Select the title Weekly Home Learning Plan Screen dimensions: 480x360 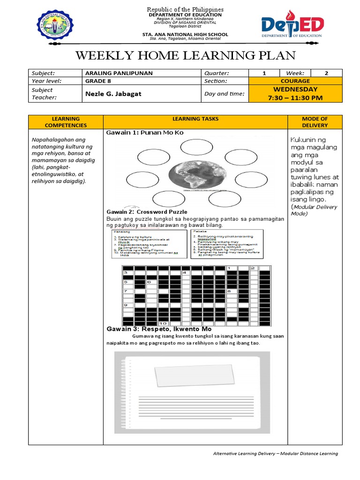[x=186, y=56]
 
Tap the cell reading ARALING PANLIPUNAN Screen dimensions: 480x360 [x=119, y=73]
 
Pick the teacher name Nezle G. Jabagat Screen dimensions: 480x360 [x=113, y=94]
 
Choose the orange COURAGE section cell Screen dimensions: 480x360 [x=295, y=81]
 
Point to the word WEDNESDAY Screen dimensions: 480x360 [x=295, y=89]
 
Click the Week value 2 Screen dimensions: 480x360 [x=326, y=73]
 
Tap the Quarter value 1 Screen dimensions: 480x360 [x=264, y=73]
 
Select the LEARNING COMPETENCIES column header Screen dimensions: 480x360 [x=66, y=122]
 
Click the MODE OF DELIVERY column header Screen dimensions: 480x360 [x=315, y=122]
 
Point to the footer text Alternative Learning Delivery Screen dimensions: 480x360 [x=275, y=453]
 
